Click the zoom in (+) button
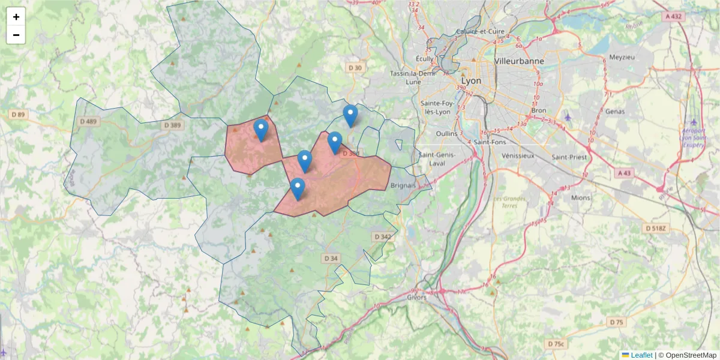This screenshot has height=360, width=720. (x=16, y=17)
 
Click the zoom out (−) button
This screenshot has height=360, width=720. (x=16, y=35)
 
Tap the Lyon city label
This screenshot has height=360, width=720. (x=471, y=80)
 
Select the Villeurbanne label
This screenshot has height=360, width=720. (x=519, y=61)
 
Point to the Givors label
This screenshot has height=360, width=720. (x=416, y=297)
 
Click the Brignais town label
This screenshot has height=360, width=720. (x=403, y=185)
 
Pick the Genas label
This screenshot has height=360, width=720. (x=616, y=111)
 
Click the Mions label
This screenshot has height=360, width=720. (x=581, y=197)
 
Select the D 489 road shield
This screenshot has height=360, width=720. (x=89, y=121)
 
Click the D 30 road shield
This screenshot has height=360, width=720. (x=355, y=68)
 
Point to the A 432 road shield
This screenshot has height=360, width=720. (x=674, y=17)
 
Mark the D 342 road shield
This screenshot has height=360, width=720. (x=382, y=236)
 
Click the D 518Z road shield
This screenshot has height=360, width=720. (x=656, y=229)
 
